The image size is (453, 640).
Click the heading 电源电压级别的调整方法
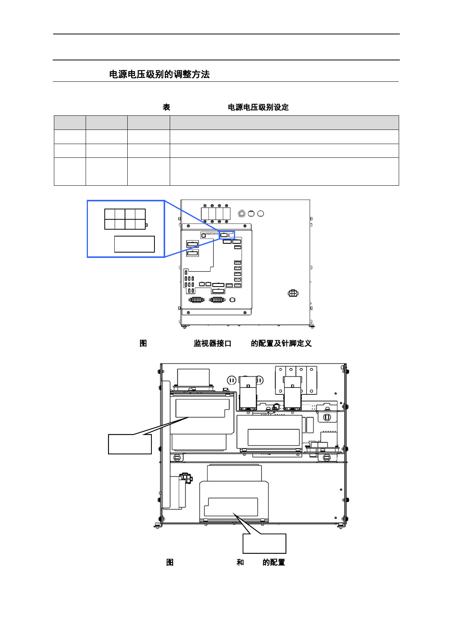click(x=159, y=74)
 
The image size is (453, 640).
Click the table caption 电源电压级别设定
click(x=258, y=107)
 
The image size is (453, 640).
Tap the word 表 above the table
click(x=166, y=107)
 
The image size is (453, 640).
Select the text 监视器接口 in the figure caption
click(x=212, y=343)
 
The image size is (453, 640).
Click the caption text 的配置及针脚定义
click(x=281, y=343)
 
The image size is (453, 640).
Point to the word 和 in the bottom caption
click(x=240, y=562)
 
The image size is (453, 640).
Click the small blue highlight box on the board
click(x=227, y=235)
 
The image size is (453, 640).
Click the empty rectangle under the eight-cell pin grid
click(x=134, y=244)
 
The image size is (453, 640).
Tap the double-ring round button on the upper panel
click(x=242, y=214)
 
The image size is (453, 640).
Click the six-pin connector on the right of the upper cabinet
click(x=293, y=293)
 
